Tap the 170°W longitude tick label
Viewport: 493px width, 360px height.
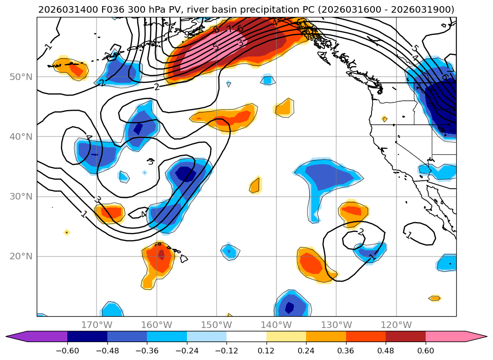pos(97,325)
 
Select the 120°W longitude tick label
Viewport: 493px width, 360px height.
pos(396,325)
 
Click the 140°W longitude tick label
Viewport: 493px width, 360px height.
pos(276,325)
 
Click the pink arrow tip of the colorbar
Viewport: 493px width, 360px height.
pos(480,336)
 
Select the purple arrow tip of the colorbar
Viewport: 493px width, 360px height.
pos(13,336)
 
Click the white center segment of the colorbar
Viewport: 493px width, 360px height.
pos(246,336)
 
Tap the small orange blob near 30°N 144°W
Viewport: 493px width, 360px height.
pos(255,185)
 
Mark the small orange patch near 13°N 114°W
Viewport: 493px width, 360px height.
pos(435,298)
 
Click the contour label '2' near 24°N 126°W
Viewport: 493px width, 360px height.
pos(361,232)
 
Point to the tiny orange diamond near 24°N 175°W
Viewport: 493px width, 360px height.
pos(66,232)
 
